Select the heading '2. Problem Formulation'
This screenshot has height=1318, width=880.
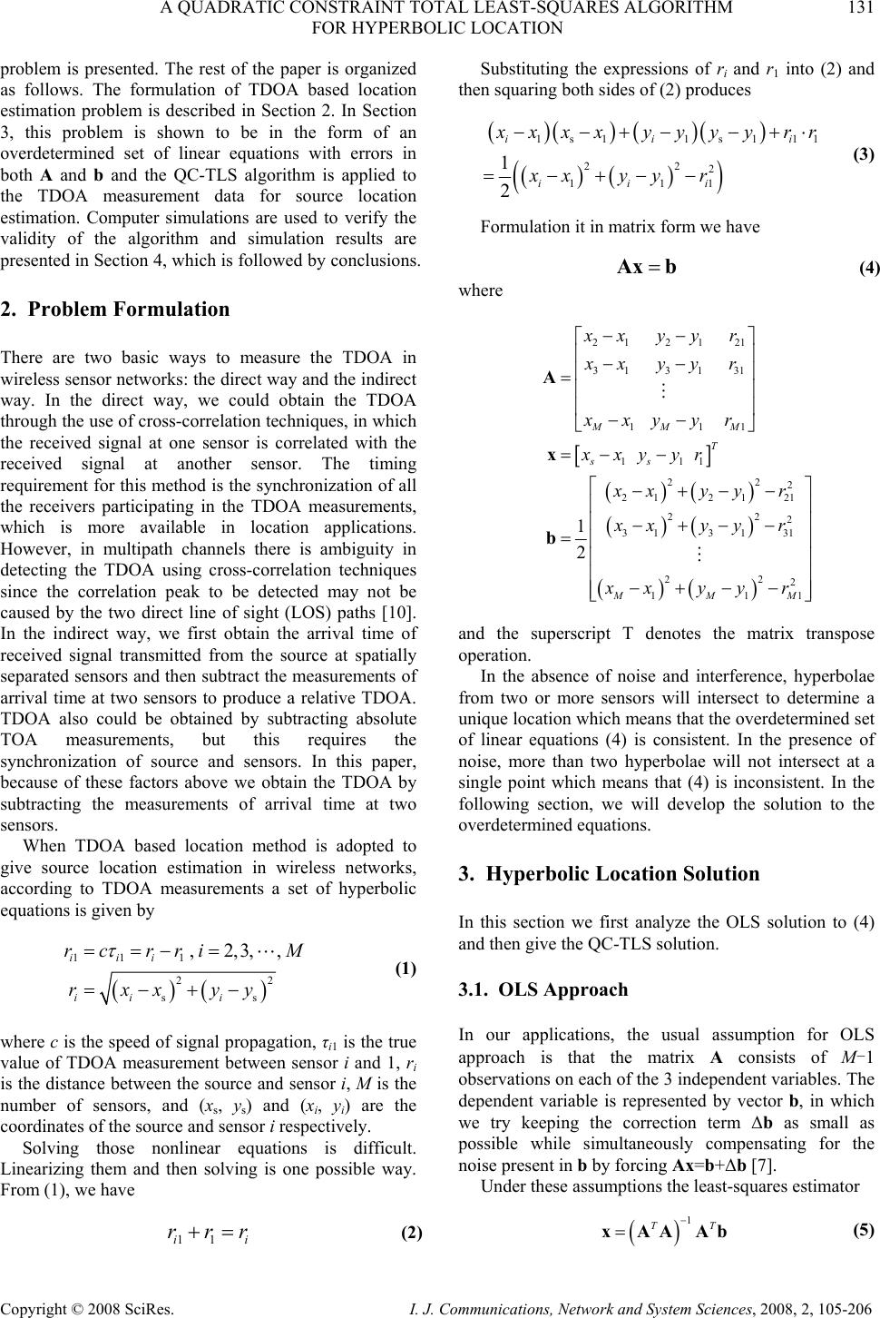click(116, 310)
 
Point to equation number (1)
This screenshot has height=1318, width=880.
click(405, 969)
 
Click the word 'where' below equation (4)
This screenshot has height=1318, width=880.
click(479, 290)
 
